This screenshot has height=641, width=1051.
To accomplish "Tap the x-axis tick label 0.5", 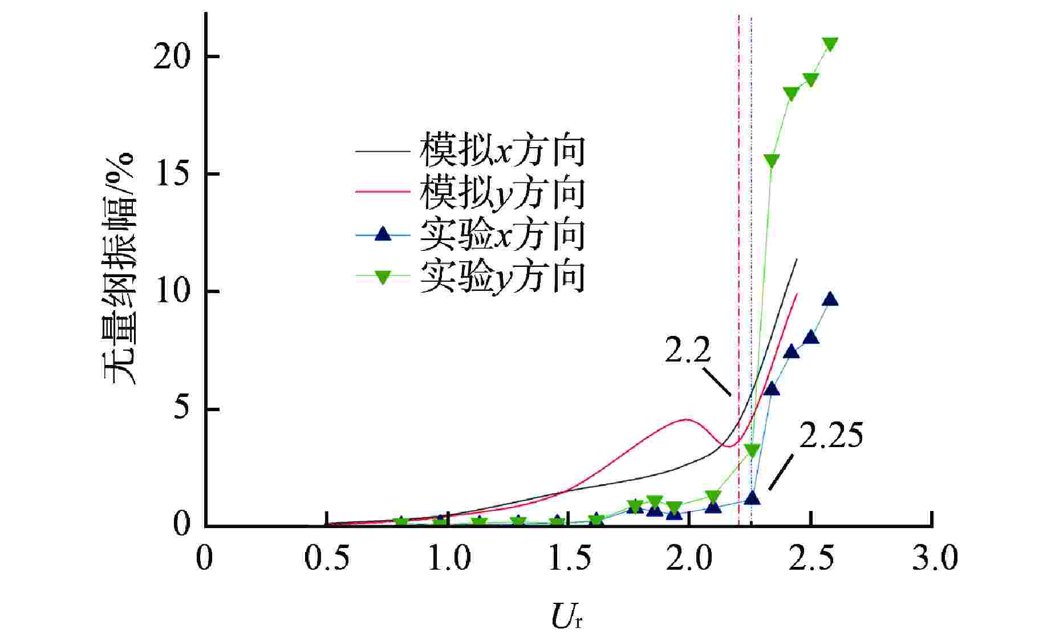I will click(x=327, y=559).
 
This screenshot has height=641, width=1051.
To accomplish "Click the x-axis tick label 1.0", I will click(x=449, y=559).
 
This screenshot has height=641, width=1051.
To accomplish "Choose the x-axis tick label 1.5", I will click(x=570, y=559).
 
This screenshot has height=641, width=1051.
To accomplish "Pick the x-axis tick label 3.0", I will click(x=934, y=559).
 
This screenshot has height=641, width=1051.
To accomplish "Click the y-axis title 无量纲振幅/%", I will click(x=120, y=269).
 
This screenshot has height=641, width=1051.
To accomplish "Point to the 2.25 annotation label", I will click(x=830, y=436).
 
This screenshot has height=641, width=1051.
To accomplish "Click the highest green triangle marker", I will click(x=830, y=44).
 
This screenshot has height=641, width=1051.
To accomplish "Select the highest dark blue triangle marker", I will click(x=830, y=299).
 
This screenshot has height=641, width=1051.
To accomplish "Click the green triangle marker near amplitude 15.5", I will click(x=772, y=161).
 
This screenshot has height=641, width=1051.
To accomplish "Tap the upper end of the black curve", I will click(x=796, y=259).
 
